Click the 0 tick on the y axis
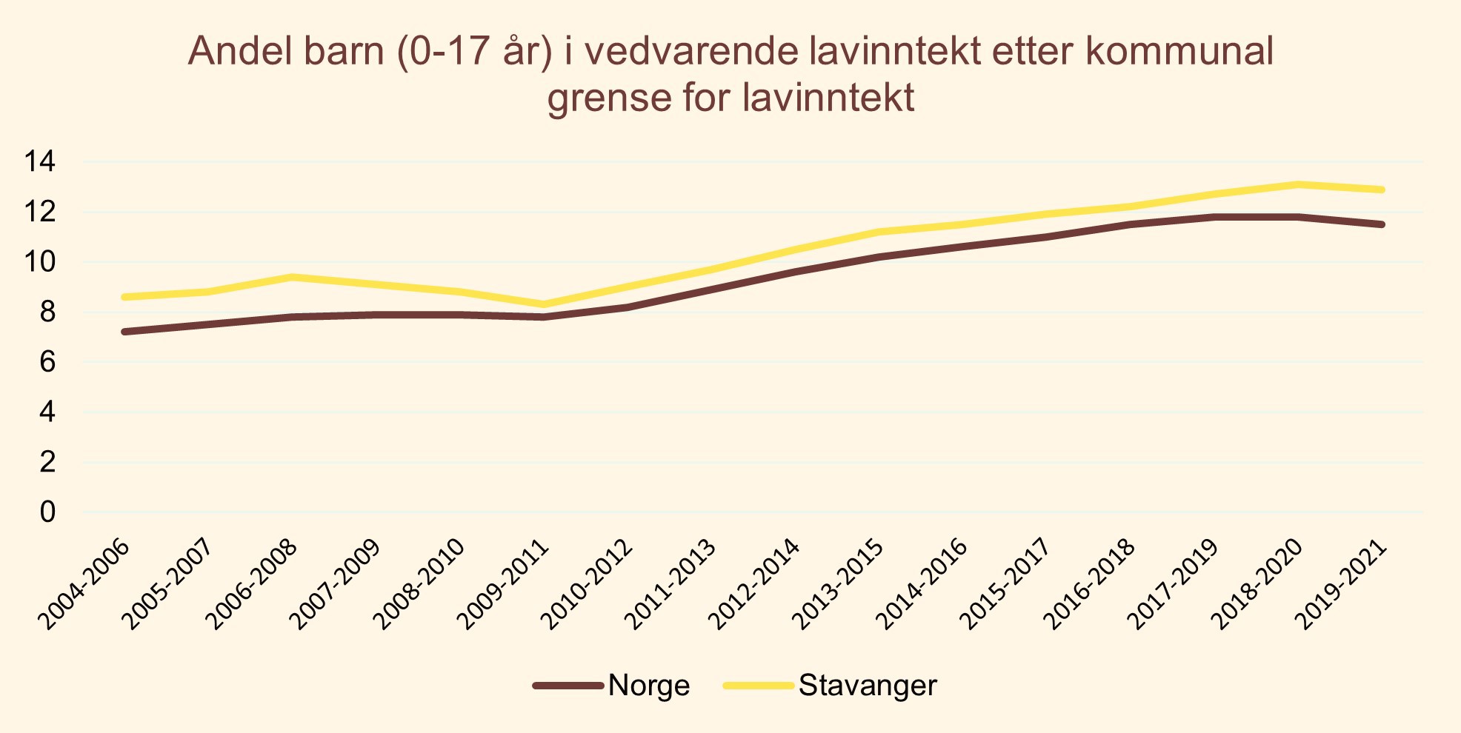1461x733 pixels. pyautogui.click(x=47, y=512)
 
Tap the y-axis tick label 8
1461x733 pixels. pyautogui.click(x=47, y=312)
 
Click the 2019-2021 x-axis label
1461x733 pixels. pyautogui.click(x=1342, y=585)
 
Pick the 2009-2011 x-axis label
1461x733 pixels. pyautogui.click(x=504, y=585)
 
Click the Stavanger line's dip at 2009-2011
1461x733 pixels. pyautogui.click(x=545, y=304)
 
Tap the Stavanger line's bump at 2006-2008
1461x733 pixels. pyautogui.click(x=293, y=277)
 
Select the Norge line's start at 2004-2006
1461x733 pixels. pyautogui.click(x=125, y=332)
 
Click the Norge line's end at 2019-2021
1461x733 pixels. pyautogui.click(x=1382, y=224)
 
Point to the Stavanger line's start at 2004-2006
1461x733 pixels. pyautogui.click(x=125, y=297)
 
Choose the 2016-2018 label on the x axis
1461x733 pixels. pyautogui.click(x=1091, y=585)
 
